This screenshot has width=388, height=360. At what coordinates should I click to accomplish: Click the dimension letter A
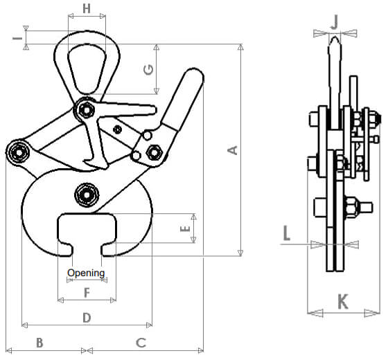pyautogui.click(x=233, y=150)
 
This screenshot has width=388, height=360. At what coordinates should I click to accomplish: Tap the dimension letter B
pyautogui.click(x=39, y=343)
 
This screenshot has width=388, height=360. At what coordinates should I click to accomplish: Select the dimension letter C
pyautogui.click(x=141, y=343)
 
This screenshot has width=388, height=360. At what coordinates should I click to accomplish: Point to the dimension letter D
pyautogui.click(x=87, y=318)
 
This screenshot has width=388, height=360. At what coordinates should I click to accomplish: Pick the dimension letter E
pyautogui.click(x=185, y=228)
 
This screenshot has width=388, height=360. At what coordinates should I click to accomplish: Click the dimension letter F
pyautogui.click(x=87, y=293)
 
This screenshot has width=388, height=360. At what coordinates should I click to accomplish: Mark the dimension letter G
pyautogui.click(x=148, y=70)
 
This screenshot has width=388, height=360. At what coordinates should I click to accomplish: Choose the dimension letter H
pyautogui.click(x=87, y=8)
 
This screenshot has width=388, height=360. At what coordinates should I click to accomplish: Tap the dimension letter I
pyautogui.click(x=17, y=38)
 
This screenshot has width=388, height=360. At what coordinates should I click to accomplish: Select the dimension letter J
pyautogui.click(x=335, y=22)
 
